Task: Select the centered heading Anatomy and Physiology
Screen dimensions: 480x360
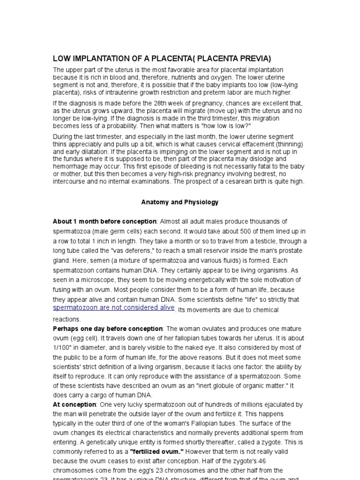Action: coord(180,202)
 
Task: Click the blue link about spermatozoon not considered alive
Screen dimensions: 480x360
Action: coord(114,307)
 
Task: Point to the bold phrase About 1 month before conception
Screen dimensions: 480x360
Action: coord(105,221)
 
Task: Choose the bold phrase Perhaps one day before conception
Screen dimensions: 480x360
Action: coord(108,329)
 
